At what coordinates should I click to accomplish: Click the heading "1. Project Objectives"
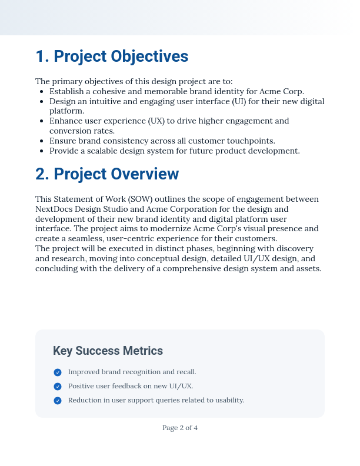[112, 56]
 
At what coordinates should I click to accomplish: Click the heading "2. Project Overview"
[107, 174]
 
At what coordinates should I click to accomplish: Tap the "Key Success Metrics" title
[108, 351]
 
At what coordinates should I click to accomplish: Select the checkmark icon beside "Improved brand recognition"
[58, 372]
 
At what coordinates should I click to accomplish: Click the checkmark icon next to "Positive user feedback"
[58, 387]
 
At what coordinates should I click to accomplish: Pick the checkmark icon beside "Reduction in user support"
[58, 401]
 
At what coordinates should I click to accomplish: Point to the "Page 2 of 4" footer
[180, 428]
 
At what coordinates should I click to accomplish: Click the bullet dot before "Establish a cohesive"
[41, 92]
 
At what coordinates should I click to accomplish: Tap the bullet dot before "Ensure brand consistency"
[41, 141]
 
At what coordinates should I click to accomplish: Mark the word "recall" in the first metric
[185, 372]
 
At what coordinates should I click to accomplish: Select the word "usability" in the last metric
[228, 401]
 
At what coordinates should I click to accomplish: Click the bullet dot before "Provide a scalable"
[41, 151]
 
